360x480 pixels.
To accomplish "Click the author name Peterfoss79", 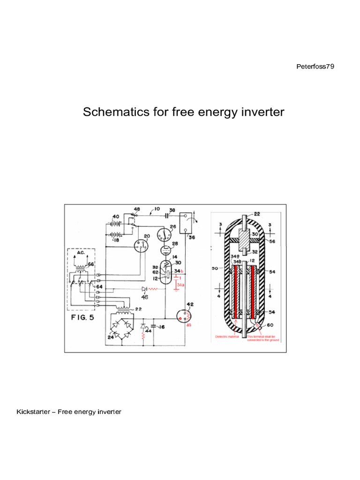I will pos(315,67).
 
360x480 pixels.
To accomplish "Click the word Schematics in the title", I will pos(111,112).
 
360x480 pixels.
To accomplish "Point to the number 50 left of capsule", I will pos(215,269).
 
